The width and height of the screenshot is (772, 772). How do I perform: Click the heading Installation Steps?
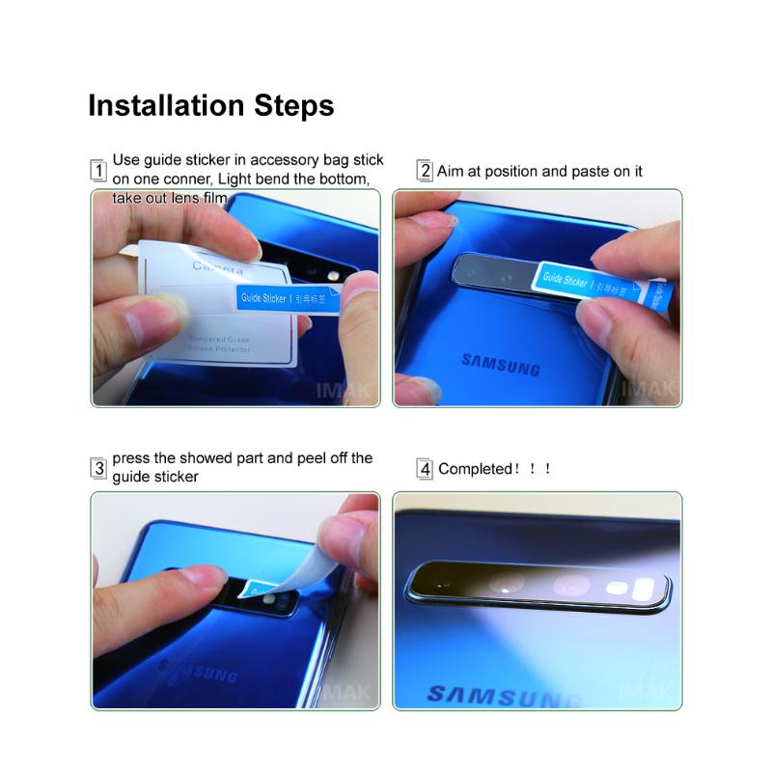(210, 105)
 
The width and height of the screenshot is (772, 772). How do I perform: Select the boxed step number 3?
(97, 469)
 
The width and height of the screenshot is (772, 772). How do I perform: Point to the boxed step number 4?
(425, 469)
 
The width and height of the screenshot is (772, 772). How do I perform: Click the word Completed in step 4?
(476, 469)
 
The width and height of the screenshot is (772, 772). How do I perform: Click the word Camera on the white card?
(218, 266)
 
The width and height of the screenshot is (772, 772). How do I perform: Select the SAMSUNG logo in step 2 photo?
(500, 364)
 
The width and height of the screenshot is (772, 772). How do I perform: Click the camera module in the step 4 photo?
(538, 585)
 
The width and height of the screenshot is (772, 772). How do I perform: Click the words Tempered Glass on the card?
(219, 340)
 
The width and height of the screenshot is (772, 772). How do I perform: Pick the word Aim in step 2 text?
(451, 172)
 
